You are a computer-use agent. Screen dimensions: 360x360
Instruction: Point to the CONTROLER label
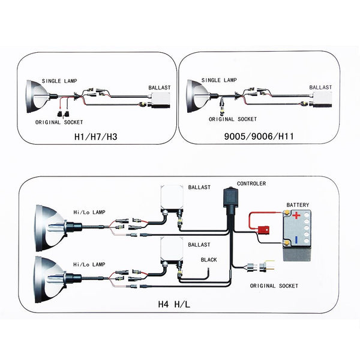(x=251, y=184)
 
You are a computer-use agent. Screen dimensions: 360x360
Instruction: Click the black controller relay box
(x=229, y=201)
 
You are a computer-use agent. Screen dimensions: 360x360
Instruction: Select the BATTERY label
(x=298, y=205)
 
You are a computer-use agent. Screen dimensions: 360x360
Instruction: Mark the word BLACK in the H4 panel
(x=209, y=260)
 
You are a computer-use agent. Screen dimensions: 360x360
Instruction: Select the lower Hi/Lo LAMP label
(x=89, y=264)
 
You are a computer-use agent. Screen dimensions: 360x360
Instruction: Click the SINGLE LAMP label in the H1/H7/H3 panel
(x=59, y=80)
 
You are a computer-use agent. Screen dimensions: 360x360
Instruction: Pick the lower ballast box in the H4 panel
(x=170, y=251)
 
